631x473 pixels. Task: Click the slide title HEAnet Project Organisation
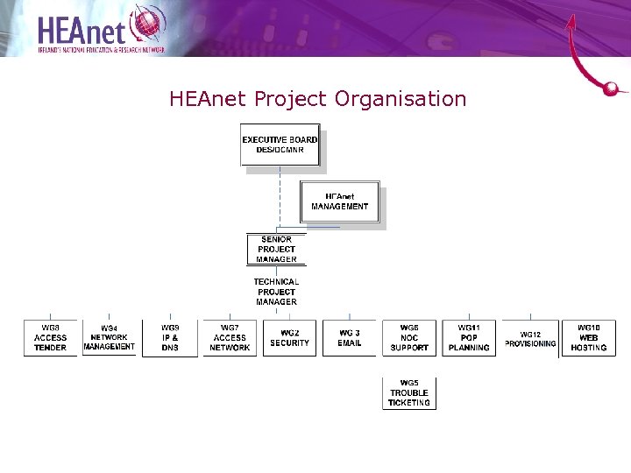[317, 99]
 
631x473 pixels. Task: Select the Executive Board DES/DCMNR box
[280, 145]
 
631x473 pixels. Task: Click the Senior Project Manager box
[276, 249]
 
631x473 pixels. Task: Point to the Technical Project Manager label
[276, 292]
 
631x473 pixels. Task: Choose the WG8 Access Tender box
[50, 337]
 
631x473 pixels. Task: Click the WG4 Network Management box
[110, 337]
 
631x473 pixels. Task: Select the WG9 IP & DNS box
[170, 337]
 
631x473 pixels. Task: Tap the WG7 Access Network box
[230, 337]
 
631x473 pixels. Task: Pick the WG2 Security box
[290, 338]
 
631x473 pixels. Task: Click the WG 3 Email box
[350, 338]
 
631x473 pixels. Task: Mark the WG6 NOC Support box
[409, 337]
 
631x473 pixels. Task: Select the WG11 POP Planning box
[469, 337]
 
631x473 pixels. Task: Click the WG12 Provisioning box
[530, 338]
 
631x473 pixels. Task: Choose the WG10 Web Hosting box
[589, 337]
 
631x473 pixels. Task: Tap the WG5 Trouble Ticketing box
[409, 393]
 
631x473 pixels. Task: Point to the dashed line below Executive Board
[280, 197]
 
